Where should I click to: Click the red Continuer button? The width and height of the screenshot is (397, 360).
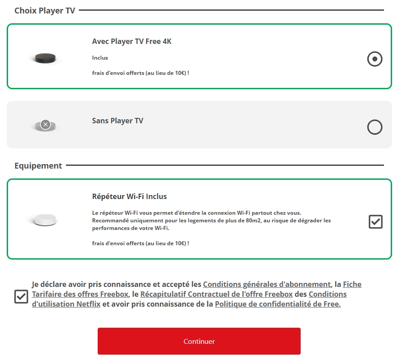[199, 341]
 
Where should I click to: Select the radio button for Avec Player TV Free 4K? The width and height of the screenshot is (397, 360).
[375, 59]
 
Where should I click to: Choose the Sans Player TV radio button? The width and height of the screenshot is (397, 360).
[375, 127]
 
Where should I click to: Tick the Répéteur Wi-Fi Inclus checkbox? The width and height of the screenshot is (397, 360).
[375, 221]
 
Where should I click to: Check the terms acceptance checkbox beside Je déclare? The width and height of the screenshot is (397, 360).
[21, 296]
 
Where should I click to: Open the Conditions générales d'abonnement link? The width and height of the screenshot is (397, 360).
[267, 284]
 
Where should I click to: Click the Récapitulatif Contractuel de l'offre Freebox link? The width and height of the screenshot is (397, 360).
[216, 294]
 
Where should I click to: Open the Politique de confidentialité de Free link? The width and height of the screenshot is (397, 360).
[278, 304]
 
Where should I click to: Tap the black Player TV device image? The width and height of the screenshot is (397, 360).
[45, 58]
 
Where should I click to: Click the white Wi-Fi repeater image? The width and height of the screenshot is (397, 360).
[45, 220]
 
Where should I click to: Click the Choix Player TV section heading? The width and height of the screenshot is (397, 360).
[45, 11]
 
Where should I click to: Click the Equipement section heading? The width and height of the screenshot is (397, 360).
[38, 166]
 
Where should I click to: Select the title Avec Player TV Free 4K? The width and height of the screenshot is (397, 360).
[132, 41]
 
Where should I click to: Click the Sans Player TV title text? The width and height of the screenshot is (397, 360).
[117, 121]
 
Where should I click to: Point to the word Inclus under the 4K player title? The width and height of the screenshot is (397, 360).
[100, 58]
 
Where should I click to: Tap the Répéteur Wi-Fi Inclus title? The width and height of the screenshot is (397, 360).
[129, 196]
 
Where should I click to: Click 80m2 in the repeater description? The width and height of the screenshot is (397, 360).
[253, 221]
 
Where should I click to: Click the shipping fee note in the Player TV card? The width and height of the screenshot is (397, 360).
[141, 73]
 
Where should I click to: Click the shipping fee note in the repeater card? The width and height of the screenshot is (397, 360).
[141, 243]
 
